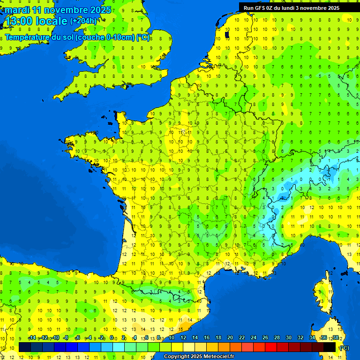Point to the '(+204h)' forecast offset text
(84, 21)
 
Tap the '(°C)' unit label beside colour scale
(344, 348)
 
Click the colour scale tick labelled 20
(230, 338)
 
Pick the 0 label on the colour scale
(112, 338)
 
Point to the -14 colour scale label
(32, 338)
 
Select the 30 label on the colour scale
(289, 338)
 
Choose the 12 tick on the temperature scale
(183, 338)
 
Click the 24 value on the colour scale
(254, 338)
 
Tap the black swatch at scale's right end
(330, 347)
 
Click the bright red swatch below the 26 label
(271, 347)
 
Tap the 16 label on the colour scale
(207, 338)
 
